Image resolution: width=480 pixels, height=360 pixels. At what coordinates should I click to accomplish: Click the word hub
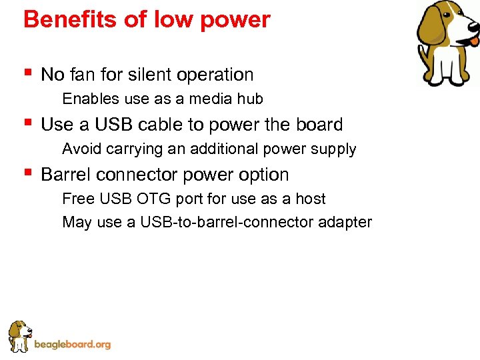point(250,99)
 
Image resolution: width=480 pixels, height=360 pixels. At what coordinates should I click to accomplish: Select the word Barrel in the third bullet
point(66,175)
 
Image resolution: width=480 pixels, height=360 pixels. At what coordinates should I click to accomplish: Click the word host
point(310,199)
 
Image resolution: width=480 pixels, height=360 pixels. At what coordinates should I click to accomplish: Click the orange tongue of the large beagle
point(473,41)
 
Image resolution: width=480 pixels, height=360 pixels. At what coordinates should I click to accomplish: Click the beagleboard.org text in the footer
point(72,345)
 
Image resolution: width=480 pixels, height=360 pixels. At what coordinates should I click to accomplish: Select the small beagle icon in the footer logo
point(19,336)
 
